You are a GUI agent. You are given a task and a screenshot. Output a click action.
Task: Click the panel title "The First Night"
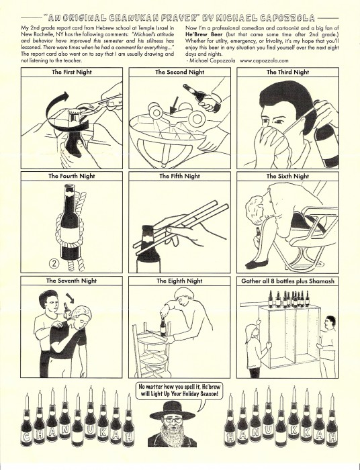tap(72, 72)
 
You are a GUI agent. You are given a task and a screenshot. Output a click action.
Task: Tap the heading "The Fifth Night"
tap(179, 176)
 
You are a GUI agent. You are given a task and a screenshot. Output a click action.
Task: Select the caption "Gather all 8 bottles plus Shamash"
tap(287, 281)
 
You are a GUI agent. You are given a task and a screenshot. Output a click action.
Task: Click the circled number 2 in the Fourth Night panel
tap(54, 263)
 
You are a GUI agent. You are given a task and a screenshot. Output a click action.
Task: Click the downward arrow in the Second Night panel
tap(173, 105)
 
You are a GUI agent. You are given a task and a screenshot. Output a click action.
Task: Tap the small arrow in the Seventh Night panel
tap(71, 297)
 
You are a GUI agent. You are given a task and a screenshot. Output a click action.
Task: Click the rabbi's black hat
tap(172, 410)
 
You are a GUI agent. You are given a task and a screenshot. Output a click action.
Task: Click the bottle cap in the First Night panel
tap(73, 114)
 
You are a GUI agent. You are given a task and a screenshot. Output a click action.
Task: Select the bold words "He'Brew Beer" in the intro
tap(204, 34)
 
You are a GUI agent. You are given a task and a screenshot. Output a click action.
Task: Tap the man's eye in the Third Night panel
tap(279, 122)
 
